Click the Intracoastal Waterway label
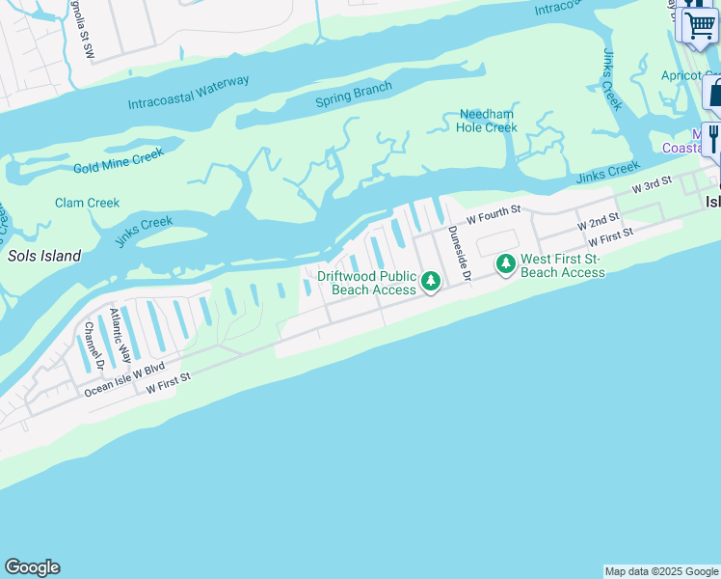pyautogui.click(x=188, y=93)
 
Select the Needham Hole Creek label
pyautogui.click(x=487, y=121)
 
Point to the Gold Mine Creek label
pyautogui.click(x=119, y=160)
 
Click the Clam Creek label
pyautogui.click(x=87, y=203)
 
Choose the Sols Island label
pyautogui.click(x=43, y=257)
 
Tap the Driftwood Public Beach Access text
pyautogui.click(x=367, y=283)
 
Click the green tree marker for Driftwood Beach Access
pyautogui.click(x=431, y=282)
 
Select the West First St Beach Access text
pyautogui.click(x=563, y=265)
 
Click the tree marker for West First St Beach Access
pyautogui.click(x=505, y=263)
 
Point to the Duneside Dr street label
pyautogui.click(x=458, y=253)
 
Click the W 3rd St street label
pyautogui.click(x=651, y=184)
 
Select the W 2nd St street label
pyautogui.click(x=598, y=224)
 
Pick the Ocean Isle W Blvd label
pyautogui.click(x=125, y=377)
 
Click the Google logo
pyautogui.click(x=32, y=567)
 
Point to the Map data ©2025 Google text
pyautogui.click(x=660, y=571)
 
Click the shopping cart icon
pyautogui.click(x=699, y=24)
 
